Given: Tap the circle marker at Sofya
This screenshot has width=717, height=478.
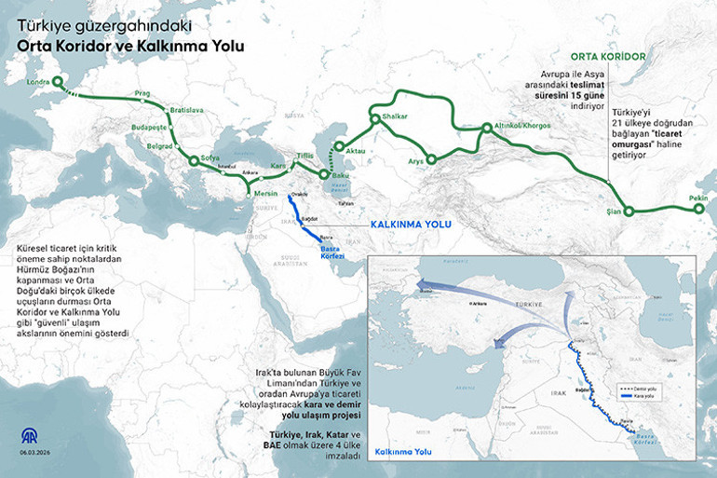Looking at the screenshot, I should click(x=194, y=161).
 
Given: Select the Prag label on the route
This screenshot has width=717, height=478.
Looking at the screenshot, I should click(x=142, y=94).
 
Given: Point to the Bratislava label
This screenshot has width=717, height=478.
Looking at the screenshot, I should click(x=185, y=110).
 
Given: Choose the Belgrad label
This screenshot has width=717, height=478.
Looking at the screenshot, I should click(x=161, y=146).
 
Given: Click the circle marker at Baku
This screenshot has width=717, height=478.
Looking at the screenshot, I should click(x=323, y=174).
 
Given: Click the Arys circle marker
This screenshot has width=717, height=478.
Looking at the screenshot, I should click(x=430, y=159).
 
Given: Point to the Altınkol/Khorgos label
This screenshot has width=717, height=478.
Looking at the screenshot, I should click(x=516, y=124).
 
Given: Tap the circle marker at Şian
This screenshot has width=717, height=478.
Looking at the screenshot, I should click(x=629, y=212).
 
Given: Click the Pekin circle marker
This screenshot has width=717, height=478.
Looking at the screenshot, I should click(x=699, y=211).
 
